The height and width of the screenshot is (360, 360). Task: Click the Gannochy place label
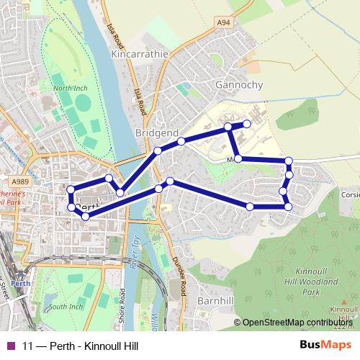(x=239, y=85)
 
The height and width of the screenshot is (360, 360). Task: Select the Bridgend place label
(x=156, y=133)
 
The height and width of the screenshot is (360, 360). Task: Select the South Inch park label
(x=66, y=307)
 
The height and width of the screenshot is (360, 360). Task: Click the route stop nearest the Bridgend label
(x=157, y=151)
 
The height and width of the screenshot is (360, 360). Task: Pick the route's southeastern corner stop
(x=288, y=207)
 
